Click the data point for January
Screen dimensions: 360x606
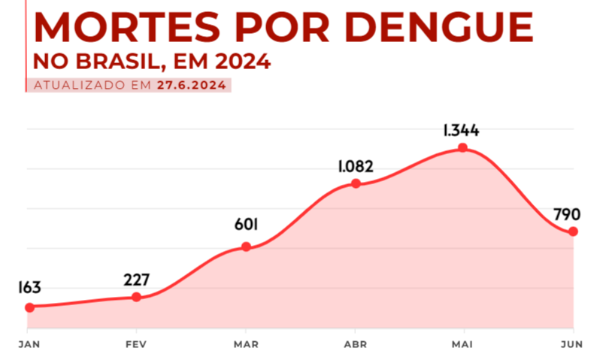(29, 307)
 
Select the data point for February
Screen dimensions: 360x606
(136, 297)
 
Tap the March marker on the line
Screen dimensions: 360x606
(246, 247)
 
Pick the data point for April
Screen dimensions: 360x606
(356, 183)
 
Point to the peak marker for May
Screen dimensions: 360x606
(463, 148)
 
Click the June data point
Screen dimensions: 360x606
(573, 231)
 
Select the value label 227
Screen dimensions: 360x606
(136, 280)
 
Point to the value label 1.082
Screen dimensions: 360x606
(356, 166)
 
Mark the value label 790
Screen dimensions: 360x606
(566, 214)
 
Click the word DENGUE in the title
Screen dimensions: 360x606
(442, 29)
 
